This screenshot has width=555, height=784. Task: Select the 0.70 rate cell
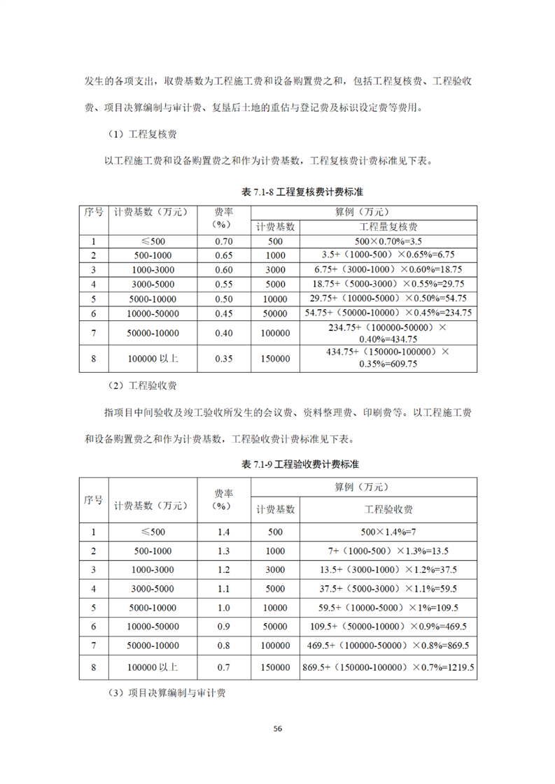pyautogui.click(x=223, y=241)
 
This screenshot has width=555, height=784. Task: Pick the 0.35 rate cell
pyautogui.click(x=223, y=359)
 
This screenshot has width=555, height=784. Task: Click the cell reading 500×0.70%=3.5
pyautogui.click(x=388, y=241)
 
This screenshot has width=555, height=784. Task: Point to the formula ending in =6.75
pyautogui.click(x=388, y=255)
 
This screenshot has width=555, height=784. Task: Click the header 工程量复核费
pyautogui.click(x=388, y=227)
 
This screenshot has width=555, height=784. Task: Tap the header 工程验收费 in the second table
pyautogui.click(x=388, y=509)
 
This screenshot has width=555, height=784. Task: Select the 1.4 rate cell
pyautogui.click(x=223, y=532)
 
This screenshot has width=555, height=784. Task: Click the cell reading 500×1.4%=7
pyautogui.click(x=388, y=532)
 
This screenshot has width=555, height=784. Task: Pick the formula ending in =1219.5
pyautogui.click(x=388, y=669)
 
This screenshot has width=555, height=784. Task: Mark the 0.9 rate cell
pyautogui.click(x=223, y=627)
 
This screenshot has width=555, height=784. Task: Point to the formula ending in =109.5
pyautogui.click(x=388, y=608)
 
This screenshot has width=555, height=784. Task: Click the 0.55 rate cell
pyautogui.click(x=223, y=284)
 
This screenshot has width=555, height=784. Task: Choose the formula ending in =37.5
pyautogui.click(x=388, y=569)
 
